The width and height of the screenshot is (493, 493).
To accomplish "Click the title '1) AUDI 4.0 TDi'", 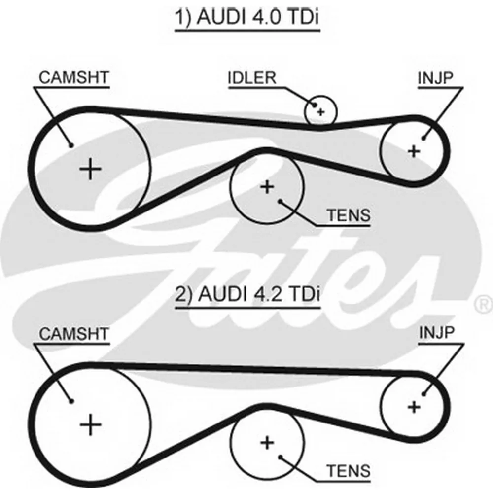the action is [x=247, y=17].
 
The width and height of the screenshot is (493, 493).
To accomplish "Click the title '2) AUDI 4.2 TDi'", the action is [x=247, y=294].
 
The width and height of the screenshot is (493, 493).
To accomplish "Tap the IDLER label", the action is [x=252, y=78].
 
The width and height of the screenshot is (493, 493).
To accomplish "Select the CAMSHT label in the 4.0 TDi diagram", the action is [x=74, y=77].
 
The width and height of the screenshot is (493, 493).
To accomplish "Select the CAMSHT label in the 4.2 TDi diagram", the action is [x=74, y=334].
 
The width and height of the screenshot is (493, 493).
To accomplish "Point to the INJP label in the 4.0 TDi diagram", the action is [x=435, y=78].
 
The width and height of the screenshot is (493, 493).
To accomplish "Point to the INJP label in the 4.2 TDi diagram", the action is [x=437, y=332].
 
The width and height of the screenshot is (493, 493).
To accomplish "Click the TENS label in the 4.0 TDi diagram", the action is [x=349, y=215].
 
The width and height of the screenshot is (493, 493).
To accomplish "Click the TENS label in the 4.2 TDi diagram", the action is [x=349, y=471].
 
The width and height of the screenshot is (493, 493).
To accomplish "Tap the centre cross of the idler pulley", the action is [x=321, y=112].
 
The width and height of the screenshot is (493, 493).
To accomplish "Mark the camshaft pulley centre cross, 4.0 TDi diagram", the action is [x=91, y=170].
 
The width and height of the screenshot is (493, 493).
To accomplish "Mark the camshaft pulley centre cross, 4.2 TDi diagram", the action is [x=91, y=425].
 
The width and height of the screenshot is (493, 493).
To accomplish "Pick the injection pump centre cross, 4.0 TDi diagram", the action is [x=414, y=151].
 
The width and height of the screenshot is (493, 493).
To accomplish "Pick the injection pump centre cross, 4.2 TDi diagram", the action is [x=414, y=408].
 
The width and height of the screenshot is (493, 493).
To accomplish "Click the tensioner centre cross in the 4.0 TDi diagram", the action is [x=267, y=187].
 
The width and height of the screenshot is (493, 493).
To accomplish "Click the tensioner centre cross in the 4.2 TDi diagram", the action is [x=267, y=443].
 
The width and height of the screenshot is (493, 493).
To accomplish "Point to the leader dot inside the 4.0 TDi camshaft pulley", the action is [x=71, y=145].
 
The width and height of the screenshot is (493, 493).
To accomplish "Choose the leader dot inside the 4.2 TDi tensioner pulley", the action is [x=280, y=457].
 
